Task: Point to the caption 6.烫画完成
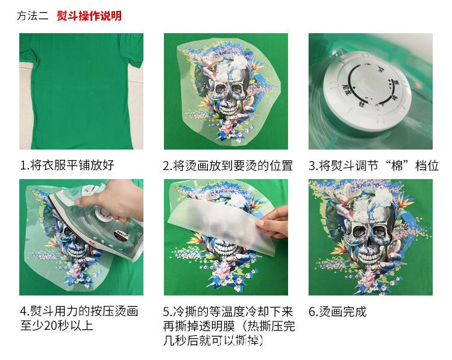(x=337, y=312)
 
